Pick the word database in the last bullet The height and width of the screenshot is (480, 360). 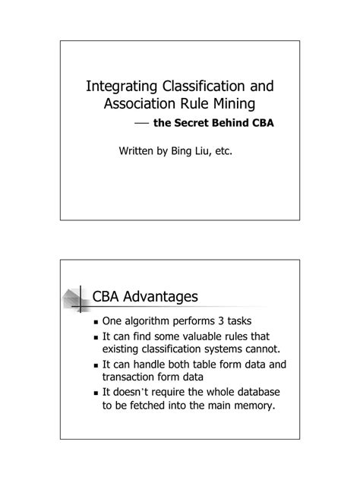tap(256, 392)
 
